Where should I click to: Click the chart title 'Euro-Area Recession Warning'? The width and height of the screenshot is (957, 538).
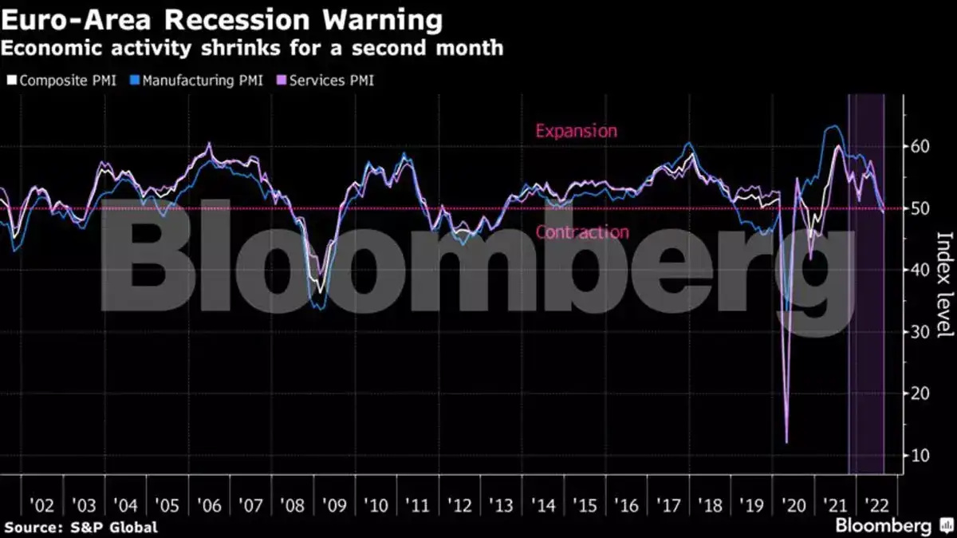pyautogui.click(x=223, y=19)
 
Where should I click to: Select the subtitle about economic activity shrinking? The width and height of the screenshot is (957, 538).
pyautogui.click(x=252, y=48)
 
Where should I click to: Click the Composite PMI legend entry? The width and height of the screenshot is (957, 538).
pyautogui.click(x=61, y=81)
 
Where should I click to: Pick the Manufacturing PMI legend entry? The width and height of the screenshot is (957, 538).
pyautogui.click(x=202, y=81)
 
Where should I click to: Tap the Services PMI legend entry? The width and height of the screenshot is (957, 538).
pyautogui.click(x=325, y=81)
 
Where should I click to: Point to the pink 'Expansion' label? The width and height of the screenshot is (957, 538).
pyautogui.click(x=576, y=131)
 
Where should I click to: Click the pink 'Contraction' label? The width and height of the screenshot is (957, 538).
pyautogui.click(x=581, y=232)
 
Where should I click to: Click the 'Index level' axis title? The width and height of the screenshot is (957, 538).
pyautogui.click(x=943, y=284)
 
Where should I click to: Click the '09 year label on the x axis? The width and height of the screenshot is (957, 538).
pyautogui.click(x=334, y=506)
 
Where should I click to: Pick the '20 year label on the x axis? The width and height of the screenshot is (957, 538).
pyautogui.click(x=794, y=506)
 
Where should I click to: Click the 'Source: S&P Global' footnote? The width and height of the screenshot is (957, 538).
pyautogui.click(x=81, y=528)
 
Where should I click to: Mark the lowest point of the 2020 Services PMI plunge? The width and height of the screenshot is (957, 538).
pyautogui.click(x=786, y=441)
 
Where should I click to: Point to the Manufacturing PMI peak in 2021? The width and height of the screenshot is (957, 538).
pyautogui.click(x=833, y=126)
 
